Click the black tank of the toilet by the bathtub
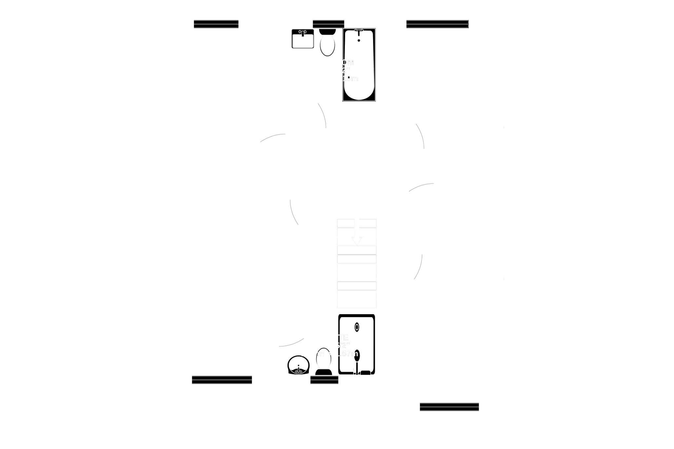327,31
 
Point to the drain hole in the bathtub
359,41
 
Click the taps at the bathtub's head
359,31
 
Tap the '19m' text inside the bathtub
350,79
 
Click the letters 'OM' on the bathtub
348,62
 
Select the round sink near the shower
298,365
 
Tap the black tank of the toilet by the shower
324,372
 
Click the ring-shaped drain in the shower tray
357,327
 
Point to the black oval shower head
357,355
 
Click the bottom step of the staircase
357,304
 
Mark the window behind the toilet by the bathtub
328,24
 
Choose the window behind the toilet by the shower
324,380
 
